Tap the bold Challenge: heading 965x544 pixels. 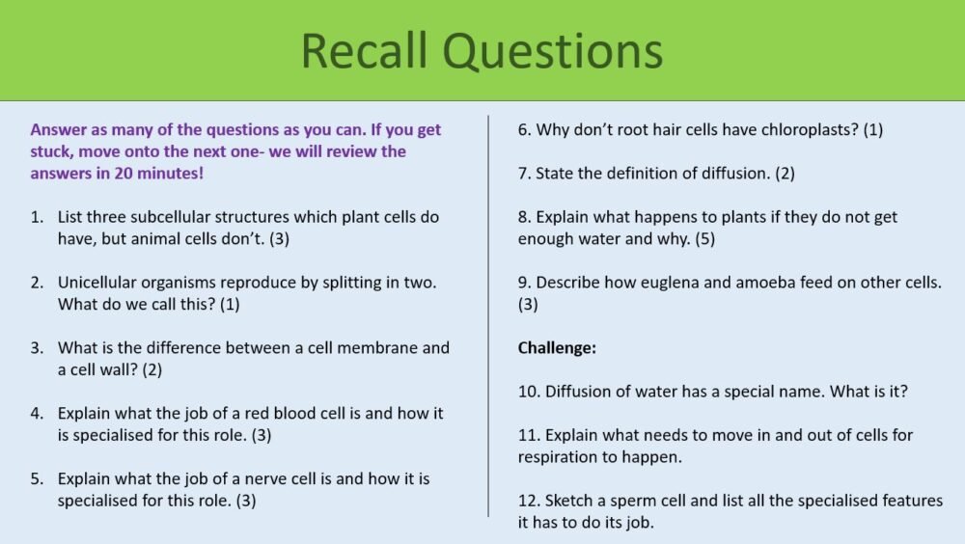(557, 348)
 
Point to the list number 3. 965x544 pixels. (37, 348)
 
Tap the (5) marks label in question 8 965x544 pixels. (704, 238)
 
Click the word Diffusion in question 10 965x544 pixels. (582, 392)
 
